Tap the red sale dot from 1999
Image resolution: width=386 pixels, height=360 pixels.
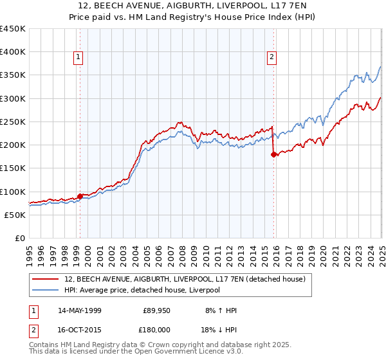(x=80, y=196)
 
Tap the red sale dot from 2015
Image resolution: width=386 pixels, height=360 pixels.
(x=273, y=154)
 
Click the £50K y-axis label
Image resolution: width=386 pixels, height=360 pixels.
(x=15, y=215)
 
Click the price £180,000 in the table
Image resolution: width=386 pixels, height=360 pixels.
(x=158, y=328)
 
